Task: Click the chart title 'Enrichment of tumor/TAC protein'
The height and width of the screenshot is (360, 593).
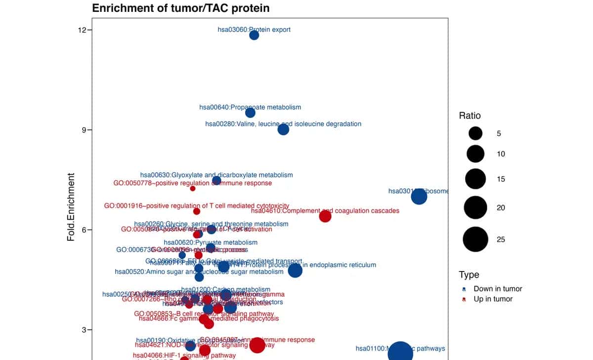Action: (x=181, y=8)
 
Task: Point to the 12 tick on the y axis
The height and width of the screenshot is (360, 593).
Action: (x=82, y=30)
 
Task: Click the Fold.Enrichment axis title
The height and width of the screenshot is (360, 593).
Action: (x=71, y=207)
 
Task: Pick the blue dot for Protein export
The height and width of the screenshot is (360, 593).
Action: (x=254, y=35)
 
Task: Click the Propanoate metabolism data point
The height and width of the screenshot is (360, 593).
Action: (x=251, y=113)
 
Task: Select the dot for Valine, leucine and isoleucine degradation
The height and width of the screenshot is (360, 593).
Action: (x=283, y=130)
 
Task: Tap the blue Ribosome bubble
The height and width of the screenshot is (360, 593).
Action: (x=419, y=197)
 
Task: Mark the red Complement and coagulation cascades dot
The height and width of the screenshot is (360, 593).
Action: (x=325, y=216)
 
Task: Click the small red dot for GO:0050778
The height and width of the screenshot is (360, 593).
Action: (x=193, y=188)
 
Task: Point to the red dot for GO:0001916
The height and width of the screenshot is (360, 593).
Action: (x=197, y=211)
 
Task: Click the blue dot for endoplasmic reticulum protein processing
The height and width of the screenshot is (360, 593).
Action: (x=295, y=270)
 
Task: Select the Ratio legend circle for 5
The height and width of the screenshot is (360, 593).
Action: (x=475, y=134)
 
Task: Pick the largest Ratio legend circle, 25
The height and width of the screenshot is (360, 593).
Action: (x=475, y=239)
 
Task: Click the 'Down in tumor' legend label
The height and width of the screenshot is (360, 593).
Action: (x=498, y=289)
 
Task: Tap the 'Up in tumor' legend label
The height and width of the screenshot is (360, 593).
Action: (x=493, y=299)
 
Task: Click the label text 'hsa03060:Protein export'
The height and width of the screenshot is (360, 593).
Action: (x=254, y=30)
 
